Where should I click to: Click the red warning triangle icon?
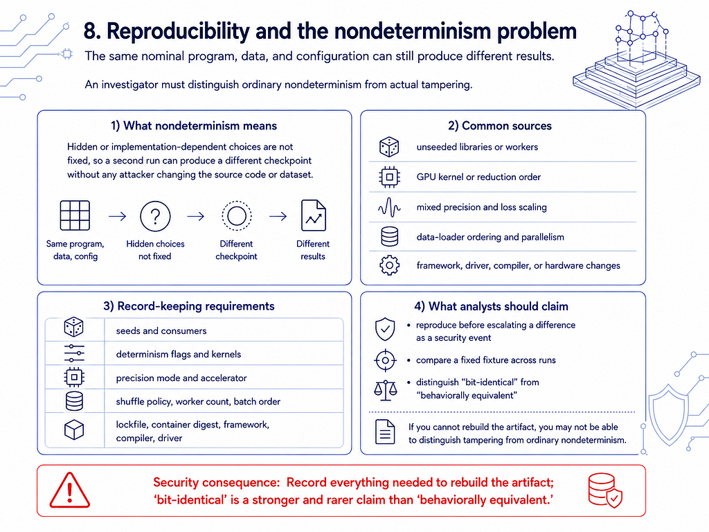(x=69, y=491)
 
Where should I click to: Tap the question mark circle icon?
(x=155, y=217)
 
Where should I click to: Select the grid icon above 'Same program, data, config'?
(x=75, y=216)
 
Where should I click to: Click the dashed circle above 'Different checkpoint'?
(x=237, y=216)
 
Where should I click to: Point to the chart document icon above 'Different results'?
(x=314, y=216)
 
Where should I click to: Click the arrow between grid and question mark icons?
(x=118, y=216)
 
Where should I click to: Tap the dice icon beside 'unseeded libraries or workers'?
(x=389, y=147)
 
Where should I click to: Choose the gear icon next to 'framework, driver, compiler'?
(x=389, y=265)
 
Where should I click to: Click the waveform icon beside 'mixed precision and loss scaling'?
(x=389, y=207)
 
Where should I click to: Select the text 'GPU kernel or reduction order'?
(x=478, y=177)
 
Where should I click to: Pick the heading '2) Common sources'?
(x=500, y=126)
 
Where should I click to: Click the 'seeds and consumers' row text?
(x=161, y=330)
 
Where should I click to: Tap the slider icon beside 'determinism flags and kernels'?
(x=74, y=353)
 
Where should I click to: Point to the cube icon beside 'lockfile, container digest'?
(x=73, y=429)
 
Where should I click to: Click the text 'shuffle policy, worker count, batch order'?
(x=198, y=402)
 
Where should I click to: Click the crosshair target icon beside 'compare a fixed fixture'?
(x=385, y=360)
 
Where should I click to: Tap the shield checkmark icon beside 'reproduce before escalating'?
(x=385, y=329)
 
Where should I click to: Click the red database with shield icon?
(x=605, y=490)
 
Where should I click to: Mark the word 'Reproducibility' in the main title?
(x=178, y=31)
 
